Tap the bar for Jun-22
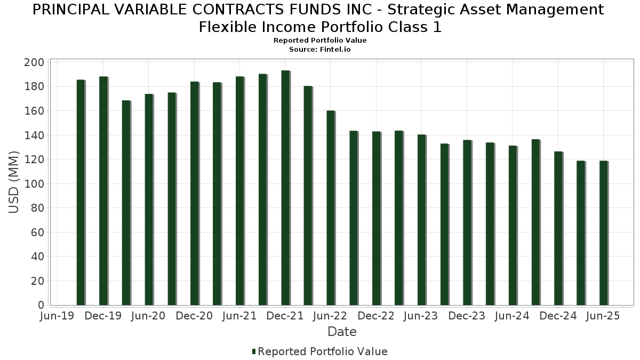tap(331, 208)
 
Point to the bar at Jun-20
tap(149, 199)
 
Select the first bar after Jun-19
tap(81, 193)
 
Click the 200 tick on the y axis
tap(34, 62)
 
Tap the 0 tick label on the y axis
tap(40, 305)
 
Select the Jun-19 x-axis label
tap(58, 316)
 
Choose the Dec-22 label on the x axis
tap(376, 316)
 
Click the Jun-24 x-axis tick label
tap(512, 316)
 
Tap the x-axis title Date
tap(342, 332)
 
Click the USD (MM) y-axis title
tap(14, 182)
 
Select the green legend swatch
tap(254, 351)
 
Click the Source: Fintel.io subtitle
tap(320, 49)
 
